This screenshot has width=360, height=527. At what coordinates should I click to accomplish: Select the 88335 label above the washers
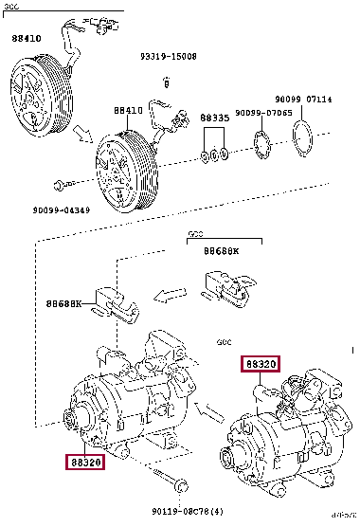click(x=216, y=118)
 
